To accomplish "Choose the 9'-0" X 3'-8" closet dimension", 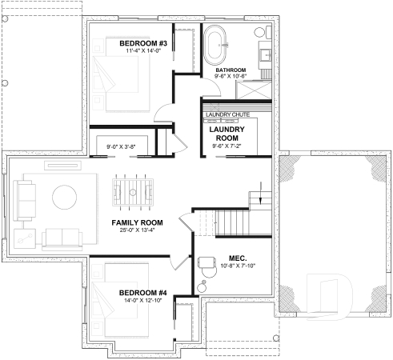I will point(122,146).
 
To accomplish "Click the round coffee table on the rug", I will point(64,197).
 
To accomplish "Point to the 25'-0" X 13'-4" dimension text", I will point(137,230).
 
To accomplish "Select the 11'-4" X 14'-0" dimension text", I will point(142,51).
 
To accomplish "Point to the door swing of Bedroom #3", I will point(162,112).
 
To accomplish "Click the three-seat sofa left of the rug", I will point(23,198).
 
